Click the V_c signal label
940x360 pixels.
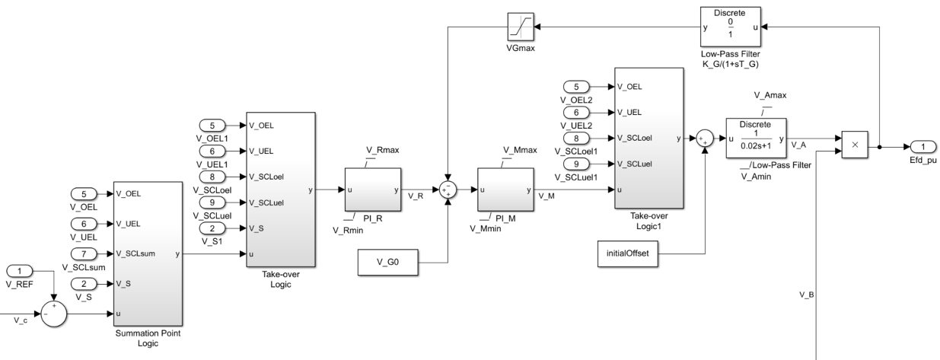(x=21, y=320)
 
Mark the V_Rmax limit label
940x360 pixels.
(x=378, y=149)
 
